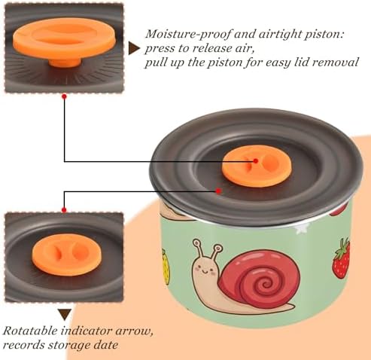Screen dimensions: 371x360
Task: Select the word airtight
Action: click(x=279, y=35)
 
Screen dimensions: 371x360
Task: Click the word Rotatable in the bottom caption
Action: click(x=30, y=331)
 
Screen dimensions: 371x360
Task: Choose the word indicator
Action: click(x=86, y=331)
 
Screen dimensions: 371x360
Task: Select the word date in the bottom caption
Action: click(x=105, y=345)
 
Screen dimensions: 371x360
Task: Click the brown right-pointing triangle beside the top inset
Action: click(x=134, y=48)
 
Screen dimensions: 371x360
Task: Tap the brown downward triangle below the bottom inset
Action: click(x=65, y=314)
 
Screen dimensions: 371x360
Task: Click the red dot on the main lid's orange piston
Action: click(x=255, y=161)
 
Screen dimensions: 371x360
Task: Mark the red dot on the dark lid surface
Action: click(x=218, y=191)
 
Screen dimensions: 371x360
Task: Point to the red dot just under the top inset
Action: click(x=65, y=96)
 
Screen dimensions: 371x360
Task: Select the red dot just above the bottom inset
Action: click(x=64, y=210)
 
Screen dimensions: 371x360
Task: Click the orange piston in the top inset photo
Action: click(x=65, y=41)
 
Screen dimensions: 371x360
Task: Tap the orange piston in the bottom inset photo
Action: click(x=65, y=255)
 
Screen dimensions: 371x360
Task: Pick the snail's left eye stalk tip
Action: click(x=197, y=243)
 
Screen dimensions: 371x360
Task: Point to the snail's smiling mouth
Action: click(x=204, y=272)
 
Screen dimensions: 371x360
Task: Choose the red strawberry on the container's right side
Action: click(x=341, y=259)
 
